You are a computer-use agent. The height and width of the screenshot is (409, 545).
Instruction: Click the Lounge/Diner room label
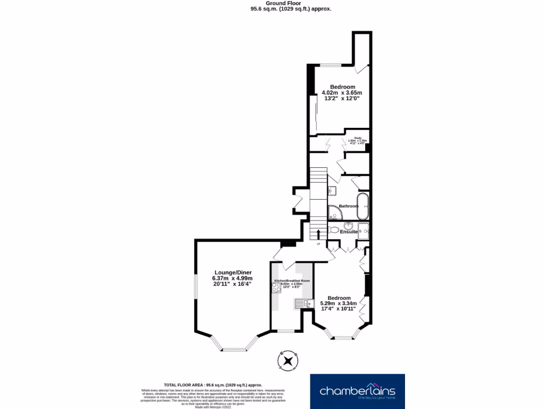(233, 272)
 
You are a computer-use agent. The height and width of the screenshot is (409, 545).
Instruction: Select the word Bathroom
(349, 206)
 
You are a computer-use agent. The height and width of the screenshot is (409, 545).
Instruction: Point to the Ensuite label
(349, 232)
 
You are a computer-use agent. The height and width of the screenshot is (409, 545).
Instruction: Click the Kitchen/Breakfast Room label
(292, 281)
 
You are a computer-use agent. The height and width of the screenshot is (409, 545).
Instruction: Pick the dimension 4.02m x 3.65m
(342, 93)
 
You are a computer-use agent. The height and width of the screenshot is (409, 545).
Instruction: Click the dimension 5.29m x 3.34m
(339, 304)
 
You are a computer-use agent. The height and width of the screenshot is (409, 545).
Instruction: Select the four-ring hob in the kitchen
(276, 288)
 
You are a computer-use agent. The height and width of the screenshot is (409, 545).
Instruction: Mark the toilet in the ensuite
(334, 230)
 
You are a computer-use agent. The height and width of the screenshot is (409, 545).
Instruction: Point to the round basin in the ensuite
(349, 225)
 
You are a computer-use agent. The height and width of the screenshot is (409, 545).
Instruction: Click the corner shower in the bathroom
(334, 213)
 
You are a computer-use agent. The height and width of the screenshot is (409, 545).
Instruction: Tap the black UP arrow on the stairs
(318, 234)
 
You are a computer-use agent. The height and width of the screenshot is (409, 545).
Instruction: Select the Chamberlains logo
(357, 391)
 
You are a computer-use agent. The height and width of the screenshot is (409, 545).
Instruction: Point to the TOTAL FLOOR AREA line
(213, 385)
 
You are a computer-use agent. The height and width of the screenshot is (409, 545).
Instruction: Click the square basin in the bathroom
(332, 190)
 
